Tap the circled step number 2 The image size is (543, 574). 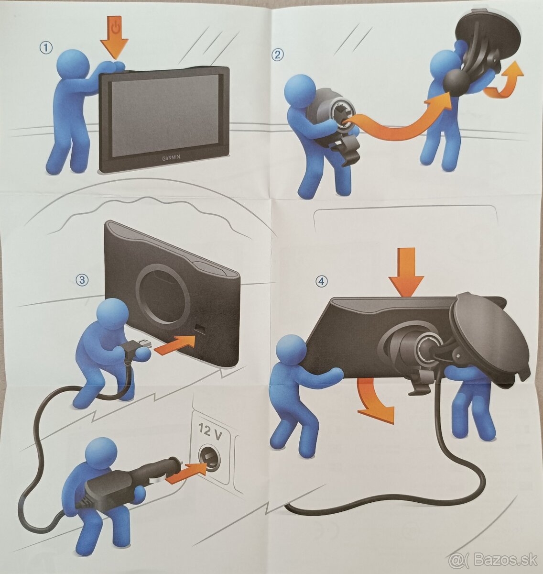click(x=278, y=55)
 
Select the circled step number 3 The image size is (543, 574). click(x=82, y=280)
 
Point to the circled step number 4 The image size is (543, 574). click(x=322, y=281)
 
